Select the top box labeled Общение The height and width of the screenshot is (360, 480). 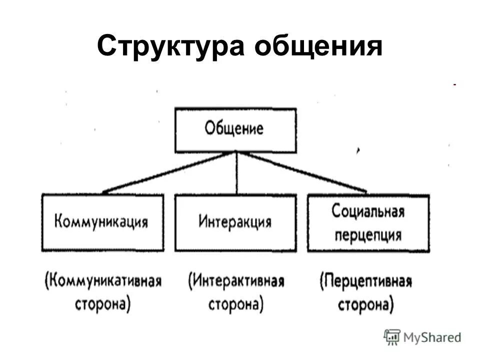click(235, 130)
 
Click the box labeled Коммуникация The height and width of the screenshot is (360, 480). click(102, 222)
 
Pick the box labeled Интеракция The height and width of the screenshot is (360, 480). click(235, 222)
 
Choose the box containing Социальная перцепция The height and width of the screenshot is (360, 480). click(368, 223)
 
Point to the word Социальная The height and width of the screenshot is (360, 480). click(367, 211)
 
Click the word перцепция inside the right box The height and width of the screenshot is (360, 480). click(367, 234)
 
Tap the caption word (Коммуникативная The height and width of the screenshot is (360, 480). click(103, 280)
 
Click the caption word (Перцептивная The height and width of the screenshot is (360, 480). click(366, 281)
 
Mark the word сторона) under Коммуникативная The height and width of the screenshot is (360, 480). click(103, 304)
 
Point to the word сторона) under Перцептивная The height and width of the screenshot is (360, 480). click(366, 304)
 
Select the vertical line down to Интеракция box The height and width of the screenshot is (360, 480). click(236, 173)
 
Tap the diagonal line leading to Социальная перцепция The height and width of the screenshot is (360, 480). click(302, 171)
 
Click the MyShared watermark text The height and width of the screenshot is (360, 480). click(432, 337)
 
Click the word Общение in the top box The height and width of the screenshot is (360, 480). click(234, 129)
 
